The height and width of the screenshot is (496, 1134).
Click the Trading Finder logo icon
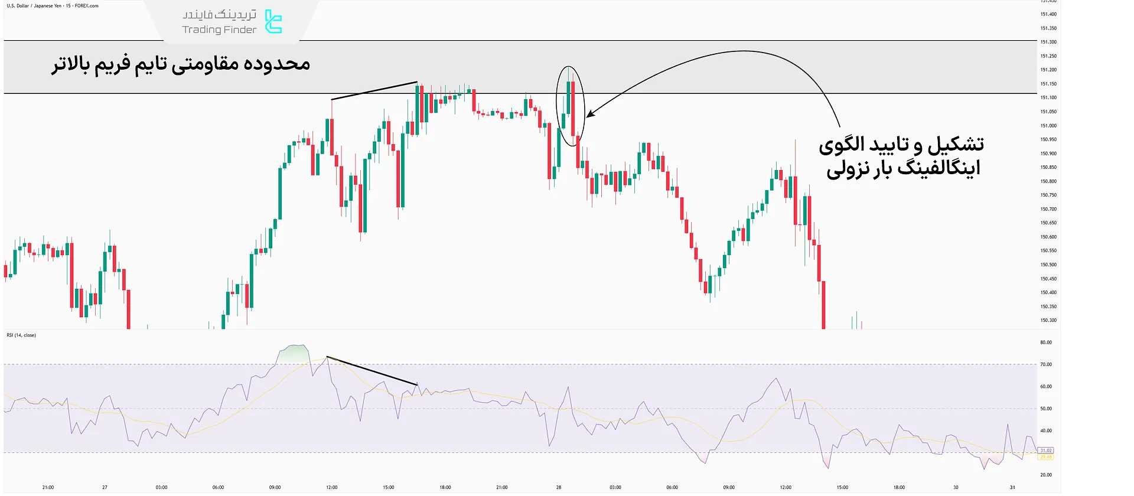coord(273,22)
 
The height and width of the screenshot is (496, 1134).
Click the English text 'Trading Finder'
coord(219,30)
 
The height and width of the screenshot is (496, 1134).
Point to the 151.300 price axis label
coord(1048,42)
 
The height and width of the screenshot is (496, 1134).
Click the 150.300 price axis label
coord(1048,320)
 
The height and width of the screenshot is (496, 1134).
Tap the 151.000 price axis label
coord(1048,126)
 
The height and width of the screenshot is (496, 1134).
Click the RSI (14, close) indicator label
coord(21,335)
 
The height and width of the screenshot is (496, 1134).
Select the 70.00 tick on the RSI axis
coord(1045,364)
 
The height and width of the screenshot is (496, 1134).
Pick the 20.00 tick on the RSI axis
coord(1045,475)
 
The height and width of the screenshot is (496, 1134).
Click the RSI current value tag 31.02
coord(1045,451)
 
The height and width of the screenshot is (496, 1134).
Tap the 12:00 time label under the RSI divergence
coord(331,488)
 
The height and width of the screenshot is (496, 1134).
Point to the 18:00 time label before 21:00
coord(445,488)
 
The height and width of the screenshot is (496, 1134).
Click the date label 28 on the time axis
coord(558,488)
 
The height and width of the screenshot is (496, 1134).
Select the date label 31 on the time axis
coord(1012,488)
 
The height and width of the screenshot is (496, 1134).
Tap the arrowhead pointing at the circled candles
coord(589,114)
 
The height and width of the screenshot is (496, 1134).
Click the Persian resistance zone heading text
coord(181,64)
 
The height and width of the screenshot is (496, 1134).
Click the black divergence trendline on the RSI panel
coord(372,371)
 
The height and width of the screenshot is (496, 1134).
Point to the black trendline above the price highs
coord(374,90)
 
